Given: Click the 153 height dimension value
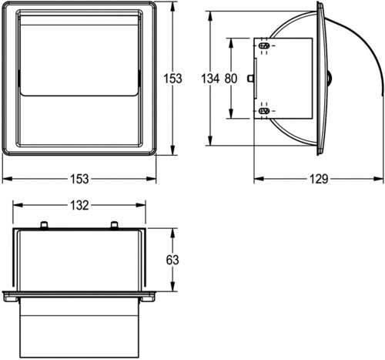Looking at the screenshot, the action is pos(172,79).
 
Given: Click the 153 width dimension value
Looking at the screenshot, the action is pos(79,179).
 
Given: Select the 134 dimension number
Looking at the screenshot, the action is pos(210,79).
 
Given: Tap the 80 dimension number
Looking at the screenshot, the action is pos(231,79).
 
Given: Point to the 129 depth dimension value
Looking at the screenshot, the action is pos(319,179).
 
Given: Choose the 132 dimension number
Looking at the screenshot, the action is pos(79,205).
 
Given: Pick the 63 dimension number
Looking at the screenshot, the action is pos(172,260).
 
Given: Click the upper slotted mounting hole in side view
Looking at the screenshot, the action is pos(264,46).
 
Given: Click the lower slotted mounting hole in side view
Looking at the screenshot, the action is pos(264,111).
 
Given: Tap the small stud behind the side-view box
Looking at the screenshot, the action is pos(250,79).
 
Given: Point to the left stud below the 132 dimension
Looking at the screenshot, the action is pos(44,225).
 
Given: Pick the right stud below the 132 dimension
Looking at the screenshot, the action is pos(115,225).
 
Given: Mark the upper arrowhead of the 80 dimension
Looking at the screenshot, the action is pos(231,43).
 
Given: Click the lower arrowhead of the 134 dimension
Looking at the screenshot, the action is pos(210,141).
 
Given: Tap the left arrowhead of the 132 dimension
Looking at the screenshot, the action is pos(18,205).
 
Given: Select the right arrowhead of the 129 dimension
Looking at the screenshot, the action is pos(379,179).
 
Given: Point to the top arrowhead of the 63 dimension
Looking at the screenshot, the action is pos(172,233).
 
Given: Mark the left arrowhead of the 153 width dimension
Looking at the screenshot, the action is pos(7,179).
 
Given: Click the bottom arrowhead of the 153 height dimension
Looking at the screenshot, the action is pos(172,150).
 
